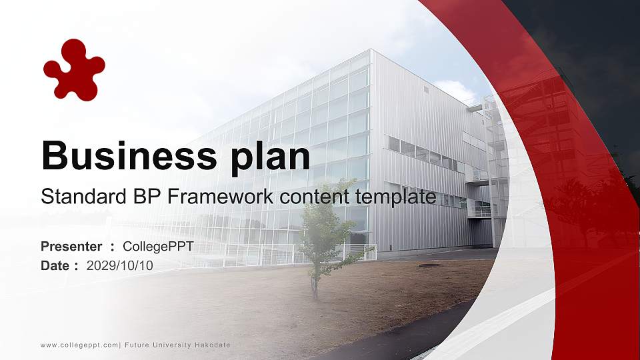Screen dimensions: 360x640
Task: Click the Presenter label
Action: click(71, 247)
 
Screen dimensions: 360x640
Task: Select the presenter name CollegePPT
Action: click(158, 247)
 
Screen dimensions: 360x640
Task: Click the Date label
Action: click(55, 265)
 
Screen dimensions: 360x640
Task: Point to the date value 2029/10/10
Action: click(120, 265)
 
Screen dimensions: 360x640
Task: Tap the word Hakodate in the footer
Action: click(213, 345)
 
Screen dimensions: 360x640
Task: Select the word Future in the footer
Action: click(137, 345)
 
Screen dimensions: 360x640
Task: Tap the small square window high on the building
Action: click(426, 89)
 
